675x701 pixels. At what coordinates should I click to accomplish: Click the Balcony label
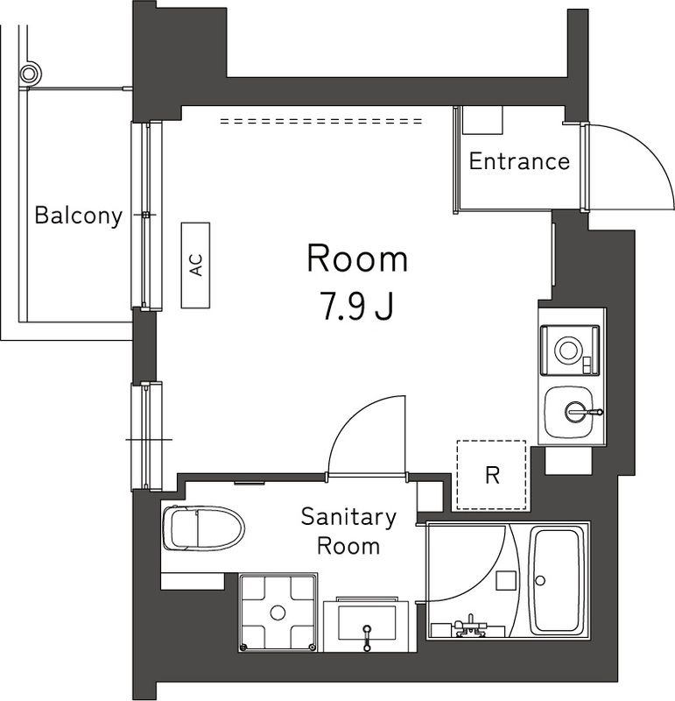click(78, 216)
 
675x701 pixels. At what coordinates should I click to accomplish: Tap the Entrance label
click(519, 161)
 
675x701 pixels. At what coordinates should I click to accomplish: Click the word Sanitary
click(348, 517)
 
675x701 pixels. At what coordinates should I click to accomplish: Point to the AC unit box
click(197, 265)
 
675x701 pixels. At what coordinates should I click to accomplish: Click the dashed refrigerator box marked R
click(491, 475)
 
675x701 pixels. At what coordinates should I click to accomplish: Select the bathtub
click(559, 580)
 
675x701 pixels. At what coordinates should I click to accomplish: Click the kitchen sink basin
click(573, 410)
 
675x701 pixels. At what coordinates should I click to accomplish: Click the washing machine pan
click(278, 612)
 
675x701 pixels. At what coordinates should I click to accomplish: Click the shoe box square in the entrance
click(480, 119)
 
